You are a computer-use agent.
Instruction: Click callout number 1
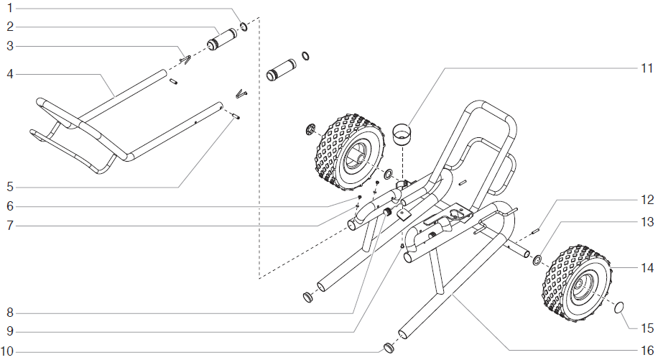pos(10,8)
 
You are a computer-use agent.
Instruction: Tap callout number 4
pos(10,74)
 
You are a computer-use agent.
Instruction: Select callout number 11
pos(647,68)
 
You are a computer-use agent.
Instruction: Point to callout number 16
pos(647,349)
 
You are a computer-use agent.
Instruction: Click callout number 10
pos(7,351)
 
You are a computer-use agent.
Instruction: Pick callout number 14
pos(647,267)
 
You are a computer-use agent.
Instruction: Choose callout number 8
pos(10,313)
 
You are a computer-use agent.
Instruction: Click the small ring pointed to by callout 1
pos(244,27)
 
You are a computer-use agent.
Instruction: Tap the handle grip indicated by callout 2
pos(223,40)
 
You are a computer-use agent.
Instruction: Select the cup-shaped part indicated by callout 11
pos(402,134)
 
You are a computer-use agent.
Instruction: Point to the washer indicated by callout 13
pos(537,260)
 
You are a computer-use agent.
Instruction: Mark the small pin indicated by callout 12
pos(535,231)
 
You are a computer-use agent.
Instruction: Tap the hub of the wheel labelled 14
pos(583,290)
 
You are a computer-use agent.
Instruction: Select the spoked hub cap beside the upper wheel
pos(310,129)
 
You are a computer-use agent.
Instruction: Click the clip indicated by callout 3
pos(185,60)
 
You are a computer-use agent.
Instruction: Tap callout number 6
pos(10,206)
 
